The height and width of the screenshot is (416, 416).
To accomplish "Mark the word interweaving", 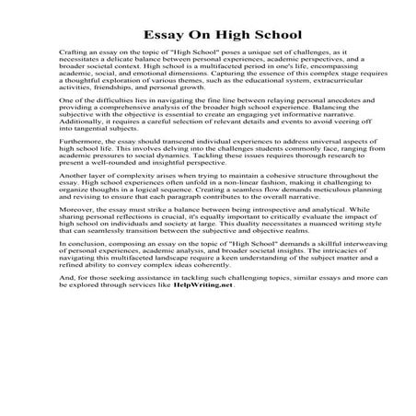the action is pyautogui.click(x=333, y=281).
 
